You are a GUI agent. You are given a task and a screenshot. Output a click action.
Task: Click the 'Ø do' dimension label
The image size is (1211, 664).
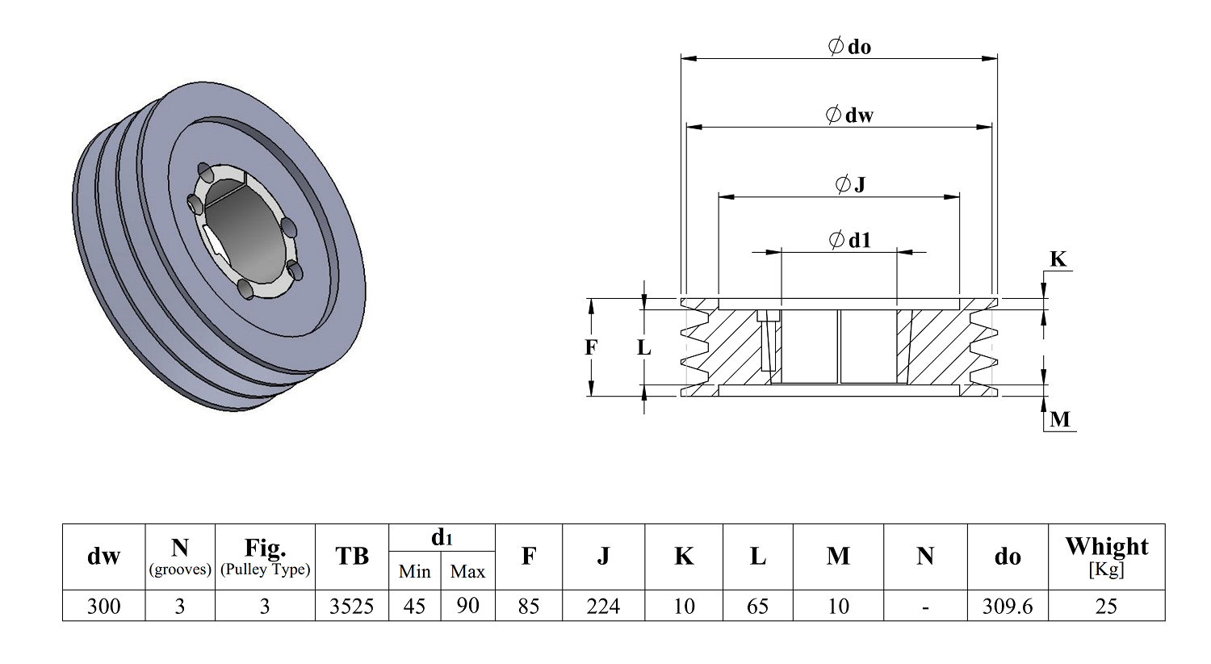[x=849, y=47]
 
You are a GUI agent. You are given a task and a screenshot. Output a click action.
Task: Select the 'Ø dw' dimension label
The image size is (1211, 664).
[x=849, y=115]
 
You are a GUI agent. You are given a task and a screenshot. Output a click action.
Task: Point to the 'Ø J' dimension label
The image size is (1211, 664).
[x=850, y=184]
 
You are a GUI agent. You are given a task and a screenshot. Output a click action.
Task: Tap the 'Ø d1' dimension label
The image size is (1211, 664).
[x=850, y=240]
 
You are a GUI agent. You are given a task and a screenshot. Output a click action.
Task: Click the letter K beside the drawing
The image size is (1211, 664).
[x=1058, y=259]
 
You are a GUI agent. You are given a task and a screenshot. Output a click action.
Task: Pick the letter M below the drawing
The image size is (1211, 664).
[x=1059, y=419]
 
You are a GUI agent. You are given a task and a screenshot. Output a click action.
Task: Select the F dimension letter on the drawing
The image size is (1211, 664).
[x=591, y=347]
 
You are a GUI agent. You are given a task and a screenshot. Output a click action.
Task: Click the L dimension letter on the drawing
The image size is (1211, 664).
[x=643, y=347]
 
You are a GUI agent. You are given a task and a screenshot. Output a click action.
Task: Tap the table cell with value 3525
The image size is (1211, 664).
[x=352, y=606]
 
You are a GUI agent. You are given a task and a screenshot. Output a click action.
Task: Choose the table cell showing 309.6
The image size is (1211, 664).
[x=1008, y=606]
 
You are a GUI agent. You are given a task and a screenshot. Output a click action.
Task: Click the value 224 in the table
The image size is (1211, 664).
[x=603, y=606]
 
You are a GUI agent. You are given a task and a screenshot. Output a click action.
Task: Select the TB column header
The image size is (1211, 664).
[x=352, y=556]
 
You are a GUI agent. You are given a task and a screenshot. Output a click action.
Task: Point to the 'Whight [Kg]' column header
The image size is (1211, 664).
[x=1106, y=557]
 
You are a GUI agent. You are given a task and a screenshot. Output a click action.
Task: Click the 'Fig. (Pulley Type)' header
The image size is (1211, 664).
[x=265, y=557]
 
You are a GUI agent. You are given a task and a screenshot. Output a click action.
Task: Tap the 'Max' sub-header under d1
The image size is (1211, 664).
[x=467, y=572]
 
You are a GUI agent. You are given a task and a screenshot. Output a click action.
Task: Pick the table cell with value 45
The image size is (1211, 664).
[x=415, y=606]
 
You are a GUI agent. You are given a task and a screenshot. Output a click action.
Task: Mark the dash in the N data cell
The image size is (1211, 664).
[x=925, y=607]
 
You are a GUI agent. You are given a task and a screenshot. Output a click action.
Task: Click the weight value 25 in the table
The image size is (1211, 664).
[x=1106, y=606]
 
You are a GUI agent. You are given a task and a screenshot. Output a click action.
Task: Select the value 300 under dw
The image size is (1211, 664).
[x=104, y=606]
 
